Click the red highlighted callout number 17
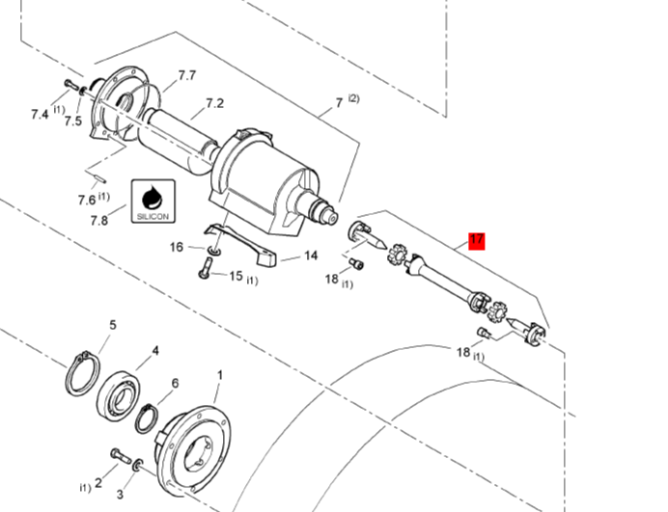[x=476, y=240]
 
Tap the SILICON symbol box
[x=153, y=201]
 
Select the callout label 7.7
[x=187, y=75]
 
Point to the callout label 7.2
[x=214, y=103]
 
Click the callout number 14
[x=311, y=256]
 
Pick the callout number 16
[x=177, y=247]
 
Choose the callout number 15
[x=236, y=276]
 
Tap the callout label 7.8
[x=99, y=221]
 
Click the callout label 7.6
[x=87, y=200]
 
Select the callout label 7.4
[x=40, y=114]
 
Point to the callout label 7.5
[x=72, y=121]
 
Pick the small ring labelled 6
[x=148, y=418]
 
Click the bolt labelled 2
[x=121, y=456]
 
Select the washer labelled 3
[x=138, y=465]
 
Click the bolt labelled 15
[x=206, y=268]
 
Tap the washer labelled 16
[x=214, y=251]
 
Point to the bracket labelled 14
[x=241, y=245]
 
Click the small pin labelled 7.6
[x=97, y=175]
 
